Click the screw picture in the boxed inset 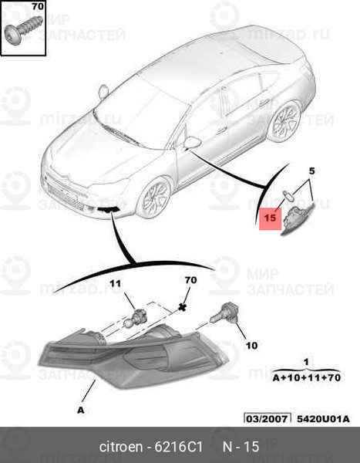pyautogui.click(x=24, y=30)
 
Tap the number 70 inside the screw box pyautogui.click(x=38, y=6)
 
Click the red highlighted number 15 pyautogui.click(x=270, y=218)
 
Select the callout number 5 pyautogui.click(x=311, y=171)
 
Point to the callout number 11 pyautogui.click(x=115, y=283)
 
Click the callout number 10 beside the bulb pyautogui.click(x=252, y=345)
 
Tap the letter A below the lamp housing pyautogui.click(x=81, y=410)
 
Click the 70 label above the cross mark pyautogui.click(x=190, y=279)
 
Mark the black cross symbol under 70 pyautogui.click(x=183, y=307)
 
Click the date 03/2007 pyautogui.click(x=267, y=419)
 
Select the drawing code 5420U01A pyautogui.click(x=323, y=419)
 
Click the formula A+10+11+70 pyautogui.click(x=306, y=377)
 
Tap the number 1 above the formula pyautogui.click(x=306, y=362)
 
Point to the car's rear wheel pyautogui.click(x=284, y=121)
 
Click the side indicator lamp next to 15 pyautogui.click(x=298, y=217)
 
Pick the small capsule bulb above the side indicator pyautogui.click(x=287, y=195)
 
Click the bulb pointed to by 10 pyautogui.click(x=224, y=313)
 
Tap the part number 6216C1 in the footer pyautogui.click(x=179, y=447)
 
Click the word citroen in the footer pyautogui.click(x=121, y=447)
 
